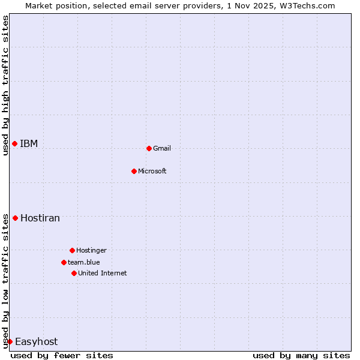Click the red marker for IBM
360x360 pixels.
pyautogui.click(x=14, y=143)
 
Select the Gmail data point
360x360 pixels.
pyautogui.click(x=149, y=148)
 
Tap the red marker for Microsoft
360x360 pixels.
pyautogui.click(x=134, y=171)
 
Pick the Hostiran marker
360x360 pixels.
pyautogui.click(x=15, y=218)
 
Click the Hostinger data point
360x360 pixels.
pyautogui.click(x=72, y=250)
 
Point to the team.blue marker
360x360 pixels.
pyautogui.click(x=64, y=262)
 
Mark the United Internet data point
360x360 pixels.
pyautogui.click(x=74, y=273)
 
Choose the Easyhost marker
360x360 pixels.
pyautogui.click(x=10, y=341)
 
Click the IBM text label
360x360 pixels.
pyautogui.click(x=29, y=144)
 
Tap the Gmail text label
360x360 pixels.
pyautogui.click(x=162, y=149)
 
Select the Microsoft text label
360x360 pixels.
pyautogui.click(x=152, y=172)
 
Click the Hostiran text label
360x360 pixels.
pyautogui.click(x=40, y=218)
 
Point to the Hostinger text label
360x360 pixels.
pyautogui.click(x=91, y=251)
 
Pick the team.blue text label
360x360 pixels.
pyautogui.click(x=84, y=263)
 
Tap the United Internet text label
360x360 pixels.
pyautogui.click(x=103, y=274)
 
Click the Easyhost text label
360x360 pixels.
pyautogui.click(x=37, y=342)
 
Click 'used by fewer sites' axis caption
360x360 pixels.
pyautogui.click(x=62, y=355)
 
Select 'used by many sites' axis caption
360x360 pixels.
pyautogui.click(x=301, y=355)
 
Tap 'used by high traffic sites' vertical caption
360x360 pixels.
pyautogui.click(x=5, y=85)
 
